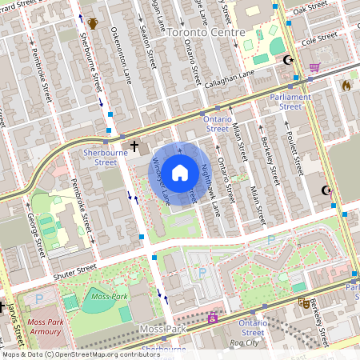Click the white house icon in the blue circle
click(x=180, y=173)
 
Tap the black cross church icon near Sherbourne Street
click(x=134, y=146)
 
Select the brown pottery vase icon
click(x=93, y=23)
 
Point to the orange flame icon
click(x=346, y=84)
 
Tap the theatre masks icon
click(x=303, y=303)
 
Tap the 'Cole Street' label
click(x=317, y=37)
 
